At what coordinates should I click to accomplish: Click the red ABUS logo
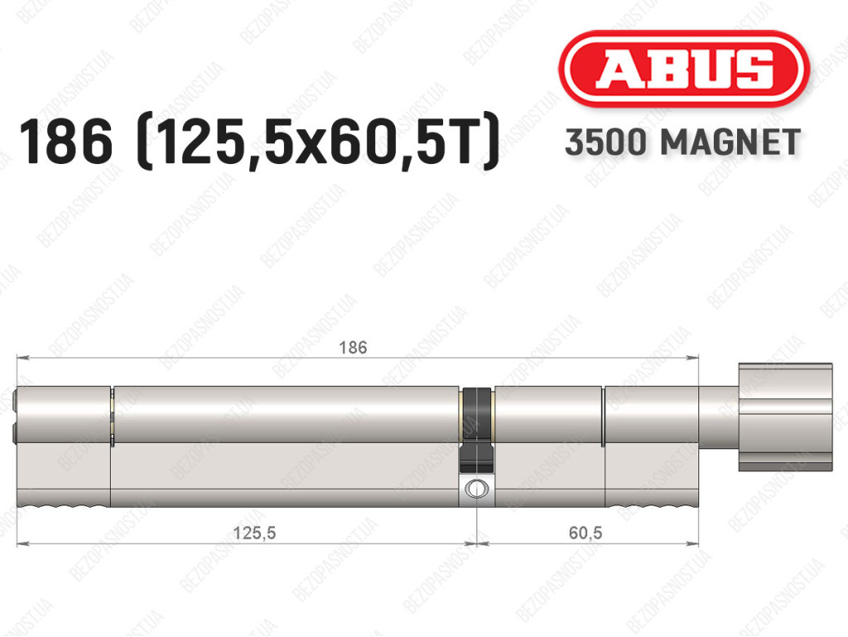pyautogui.click(x=683, y=69)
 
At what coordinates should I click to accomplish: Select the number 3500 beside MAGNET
pyautogui.click(x=605, y=142)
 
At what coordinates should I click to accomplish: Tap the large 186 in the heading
pyautogui.click(x=66, y=142)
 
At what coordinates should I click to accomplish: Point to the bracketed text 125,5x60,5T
pyautogui.click(x=318, y=142)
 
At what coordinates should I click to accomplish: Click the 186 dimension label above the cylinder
pyautogui.click(x=353, y=347)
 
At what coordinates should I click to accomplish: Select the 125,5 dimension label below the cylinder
pyautogui.click(x=254, y=533)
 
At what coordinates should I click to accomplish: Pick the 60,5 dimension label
pyautogui.click(x=585, y=533)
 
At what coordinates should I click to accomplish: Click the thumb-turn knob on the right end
pyautogui.click(x=785, y=417)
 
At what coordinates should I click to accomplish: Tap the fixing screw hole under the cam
pyautogui.click(x=475, y=488)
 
